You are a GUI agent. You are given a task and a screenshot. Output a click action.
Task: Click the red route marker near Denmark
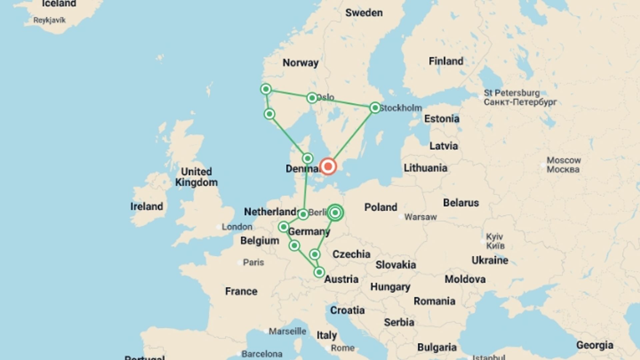click(x=328, y=166)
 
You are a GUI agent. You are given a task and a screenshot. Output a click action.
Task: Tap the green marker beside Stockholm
click(x=375, y=108)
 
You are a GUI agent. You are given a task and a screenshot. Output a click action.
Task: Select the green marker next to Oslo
click(x=312, y=98)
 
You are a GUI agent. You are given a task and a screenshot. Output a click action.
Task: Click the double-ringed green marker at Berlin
click(x=335, y=213)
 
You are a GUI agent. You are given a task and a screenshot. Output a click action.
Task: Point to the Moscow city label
click(x=564, y=165)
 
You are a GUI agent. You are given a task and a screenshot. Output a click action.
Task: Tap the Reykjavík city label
click(x=49, y=20)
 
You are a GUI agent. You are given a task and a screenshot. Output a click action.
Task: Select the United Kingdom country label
click(x=196, y=177)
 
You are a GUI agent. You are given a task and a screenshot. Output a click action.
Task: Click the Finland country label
click(x=446, y=61)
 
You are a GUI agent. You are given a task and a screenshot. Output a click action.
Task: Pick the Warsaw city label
click(x=420, y=217)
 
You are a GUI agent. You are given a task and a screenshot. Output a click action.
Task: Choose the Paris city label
click(x=253, y=262)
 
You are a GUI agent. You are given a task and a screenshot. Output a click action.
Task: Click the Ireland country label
click(x=147, y=206)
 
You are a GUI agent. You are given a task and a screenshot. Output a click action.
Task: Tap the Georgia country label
click(x=595, y=345)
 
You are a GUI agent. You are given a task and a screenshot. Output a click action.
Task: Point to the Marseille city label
click(x=287, y=331)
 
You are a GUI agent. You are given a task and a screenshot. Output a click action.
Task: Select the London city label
click(x=237, y=227)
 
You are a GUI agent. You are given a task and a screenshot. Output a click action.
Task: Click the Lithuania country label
click(x=425, y=168)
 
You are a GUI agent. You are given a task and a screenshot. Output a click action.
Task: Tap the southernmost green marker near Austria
click(x=319, y=272)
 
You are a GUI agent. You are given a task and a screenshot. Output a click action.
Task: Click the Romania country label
click(x=434, y=301)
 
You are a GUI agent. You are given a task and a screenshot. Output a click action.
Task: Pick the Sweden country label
click(x=364, y=13)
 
